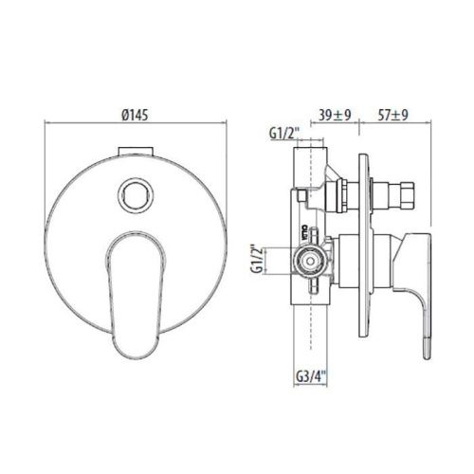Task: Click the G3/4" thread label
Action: (309, 376)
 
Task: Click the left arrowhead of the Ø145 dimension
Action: (48, 121)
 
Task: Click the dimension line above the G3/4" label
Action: (309, 362)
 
